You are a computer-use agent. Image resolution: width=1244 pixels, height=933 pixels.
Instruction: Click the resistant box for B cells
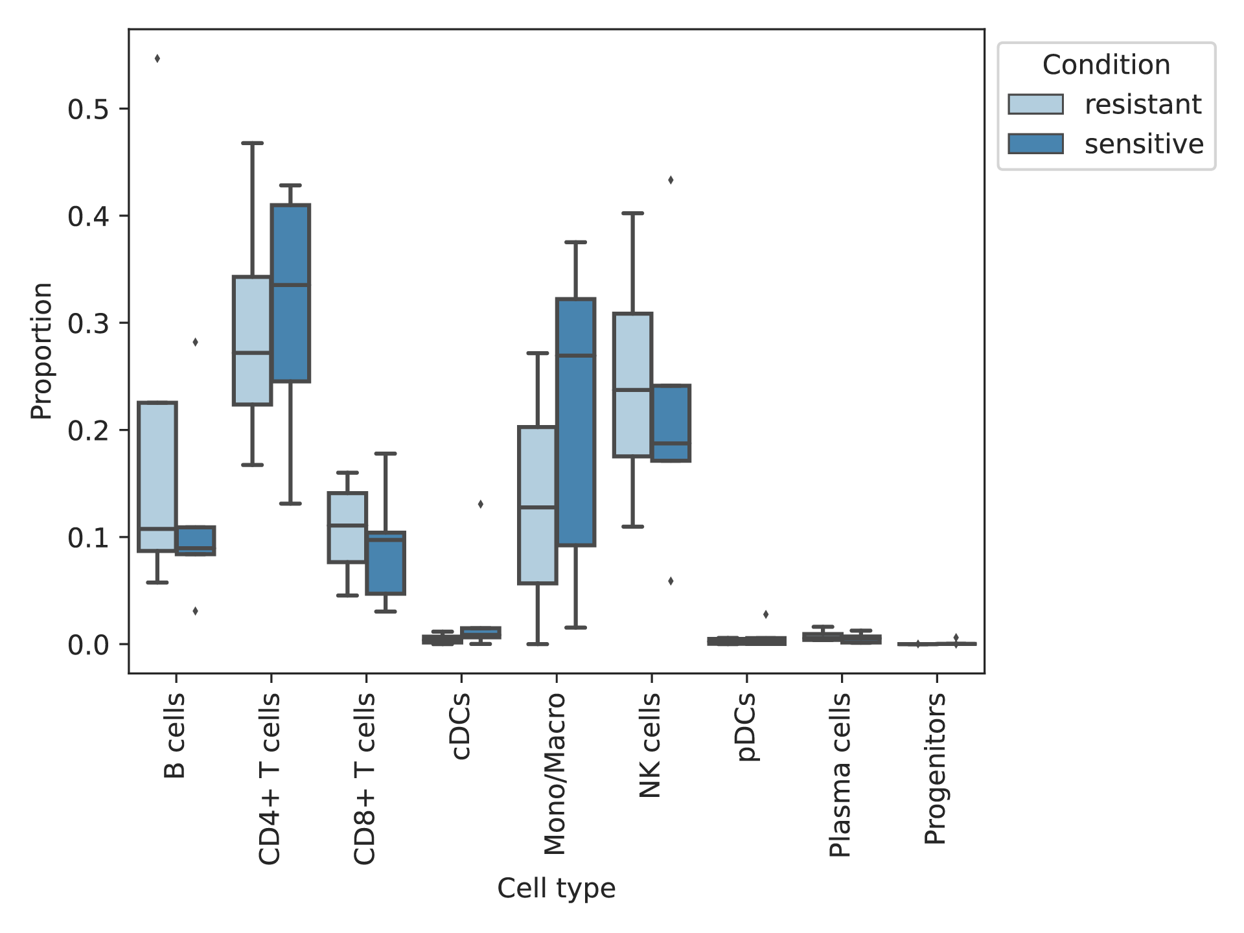(x=157, y=477)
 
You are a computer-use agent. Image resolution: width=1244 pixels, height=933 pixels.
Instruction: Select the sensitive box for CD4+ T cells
(x=290, y=294)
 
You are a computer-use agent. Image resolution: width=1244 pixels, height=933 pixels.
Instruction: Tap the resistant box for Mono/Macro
(x=537, y=505)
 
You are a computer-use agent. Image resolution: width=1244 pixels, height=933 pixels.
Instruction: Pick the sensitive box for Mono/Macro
(x=575, y=422)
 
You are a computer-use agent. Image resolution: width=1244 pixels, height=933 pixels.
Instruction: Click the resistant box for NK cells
(x=632, y=385)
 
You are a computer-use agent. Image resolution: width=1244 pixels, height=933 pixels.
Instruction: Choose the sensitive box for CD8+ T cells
(x=386, y=563)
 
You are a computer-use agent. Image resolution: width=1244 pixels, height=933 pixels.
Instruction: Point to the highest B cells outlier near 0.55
(x=157, y=59)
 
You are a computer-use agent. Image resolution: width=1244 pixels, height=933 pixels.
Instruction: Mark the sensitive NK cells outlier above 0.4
(x=671, y=180)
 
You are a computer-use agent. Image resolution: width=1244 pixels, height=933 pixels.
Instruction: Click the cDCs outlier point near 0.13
(x=480, y=504)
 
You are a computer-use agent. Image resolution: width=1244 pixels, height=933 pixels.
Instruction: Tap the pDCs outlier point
(x=766, y=614)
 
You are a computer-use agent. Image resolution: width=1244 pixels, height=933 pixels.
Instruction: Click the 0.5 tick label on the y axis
(x=88, y=109)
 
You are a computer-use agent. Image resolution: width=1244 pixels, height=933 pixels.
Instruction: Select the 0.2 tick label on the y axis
(x=88, y=430)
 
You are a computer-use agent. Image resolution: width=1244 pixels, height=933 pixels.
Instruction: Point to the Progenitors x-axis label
(x=936, y=768)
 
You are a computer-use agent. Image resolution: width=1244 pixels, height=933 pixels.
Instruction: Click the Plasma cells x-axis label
(x=840, y=775)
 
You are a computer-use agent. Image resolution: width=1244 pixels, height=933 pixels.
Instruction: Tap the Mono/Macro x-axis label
(x=555, y=774)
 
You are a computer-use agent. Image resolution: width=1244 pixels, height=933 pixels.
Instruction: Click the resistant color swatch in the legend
(x=1035, y=104)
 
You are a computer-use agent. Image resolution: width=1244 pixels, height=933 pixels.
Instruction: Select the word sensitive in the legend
(x=1144, y=144)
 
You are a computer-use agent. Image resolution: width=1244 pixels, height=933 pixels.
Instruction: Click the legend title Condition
(x=1107, y=65)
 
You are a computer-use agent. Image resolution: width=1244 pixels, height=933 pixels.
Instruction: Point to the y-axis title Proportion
(x=41, y=351)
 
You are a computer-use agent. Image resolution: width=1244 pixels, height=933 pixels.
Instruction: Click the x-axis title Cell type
(x=557, y=888)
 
